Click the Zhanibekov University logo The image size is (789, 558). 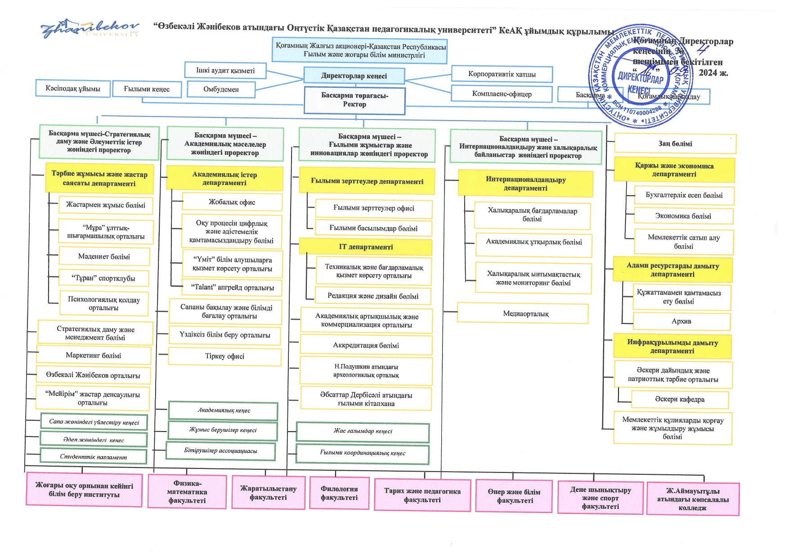[x=90, y=29]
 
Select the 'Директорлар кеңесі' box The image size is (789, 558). [x=354, y=76]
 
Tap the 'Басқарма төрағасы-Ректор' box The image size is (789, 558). [x=354, y=100]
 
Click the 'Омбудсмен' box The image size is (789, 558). [x=221, y=89]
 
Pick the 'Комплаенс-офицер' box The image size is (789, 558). [x=502, y=94]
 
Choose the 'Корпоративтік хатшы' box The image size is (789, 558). [x=502, y=74]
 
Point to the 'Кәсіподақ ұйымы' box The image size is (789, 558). [x=72, y=88]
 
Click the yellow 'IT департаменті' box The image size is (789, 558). [x=366, y=247]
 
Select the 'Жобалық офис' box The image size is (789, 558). [x=232, y=202]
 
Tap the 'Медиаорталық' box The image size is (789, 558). [x=523, y=313]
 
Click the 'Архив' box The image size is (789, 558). [x=681, y=321]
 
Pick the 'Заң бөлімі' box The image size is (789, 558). [x=675, y=144]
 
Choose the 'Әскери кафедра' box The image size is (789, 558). [x=679, y=399]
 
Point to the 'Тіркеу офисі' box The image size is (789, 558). [x=224, y=356]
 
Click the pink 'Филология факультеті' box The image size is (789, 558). [x=339, y=493]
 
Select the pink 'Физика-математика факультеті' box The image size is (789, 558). [x=187, y=492]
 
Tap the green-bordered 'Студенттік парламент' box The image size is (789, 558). [x=94, y=456]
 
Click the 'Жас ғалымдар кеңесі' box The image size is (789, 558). [x=363, y=431]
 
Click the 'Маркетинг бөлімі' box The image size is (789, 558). [x=94, y=355]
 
